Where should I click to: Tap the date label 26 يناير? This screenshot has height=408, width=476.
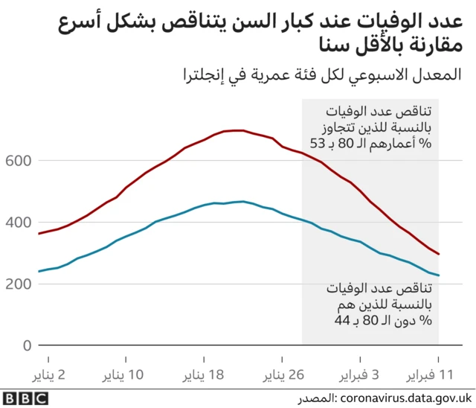point(283,372)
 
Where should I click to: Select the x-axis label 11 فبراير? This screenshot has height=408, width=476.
point(437,372)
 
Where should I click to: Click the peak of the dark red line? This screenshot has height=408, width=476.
point(237,130)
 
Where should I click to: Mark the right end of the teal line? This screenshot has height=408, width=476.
point(439,275)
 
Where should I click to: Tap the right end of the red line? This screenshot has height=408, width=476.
point(439,254)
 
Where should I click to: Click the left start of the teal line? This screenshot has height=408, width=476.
point(39,271)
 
